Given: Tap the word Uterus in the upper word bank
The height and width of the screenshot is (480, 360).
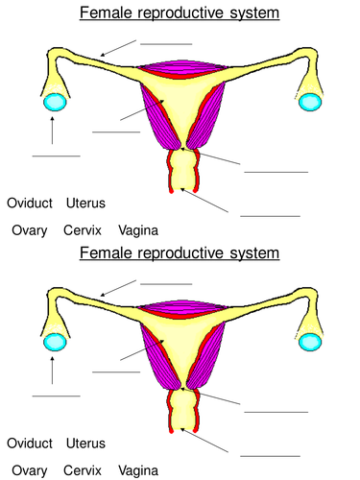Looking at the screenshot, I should pyautogui.click(x=86, y=204).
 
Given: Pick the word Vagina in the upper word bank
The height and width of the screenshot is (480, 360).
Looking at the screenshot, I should pyautogui.click(x=138, y=231).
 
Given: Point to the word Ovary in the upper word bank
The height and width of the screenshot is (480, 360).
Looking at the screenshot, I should pyautogui.click(x=30, y=231).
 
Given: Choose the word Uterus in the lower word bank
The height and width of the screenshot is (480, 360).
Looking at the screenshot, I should pyautogui.click(x=86, y=444).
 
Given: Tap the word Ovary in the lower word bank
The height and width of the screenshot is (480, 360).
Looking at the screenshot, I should pyautogui.click(x=30, y=471).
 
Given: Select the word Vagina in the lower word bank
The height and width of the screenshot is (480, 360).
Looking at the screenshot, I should pyautogui.click(x=138, y=471).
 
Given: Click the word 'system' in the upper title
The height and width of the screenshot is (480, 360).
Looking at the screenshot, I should pyautogui.click(x=252, y=13).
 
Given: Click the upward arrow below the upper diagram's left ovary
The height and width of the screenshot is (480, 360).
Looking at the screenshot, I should pyautogui.click(x=52, y=131).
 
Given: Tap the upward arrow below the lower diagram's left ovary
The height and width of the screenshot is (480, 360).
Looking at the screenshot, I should pyautogui.click(x=52, y=371).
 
